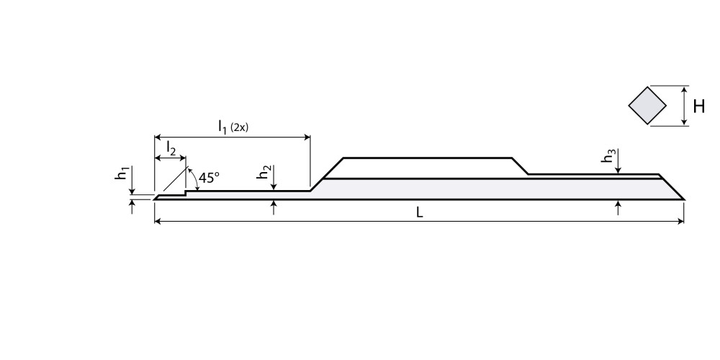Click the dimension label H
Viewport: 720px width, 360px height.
tap(698, 107)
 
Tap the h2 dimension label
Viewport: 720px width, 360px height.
tap(266, 174)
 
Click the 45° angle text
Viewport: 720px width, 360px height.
tap(209, 177)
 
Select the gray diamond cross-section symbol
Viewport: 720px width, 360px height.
tap(648, 107)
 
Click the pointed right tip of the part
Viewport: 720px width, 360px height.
tap(683, 199)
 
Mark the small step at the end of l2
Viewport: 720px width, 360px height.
tap(186, 193)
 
